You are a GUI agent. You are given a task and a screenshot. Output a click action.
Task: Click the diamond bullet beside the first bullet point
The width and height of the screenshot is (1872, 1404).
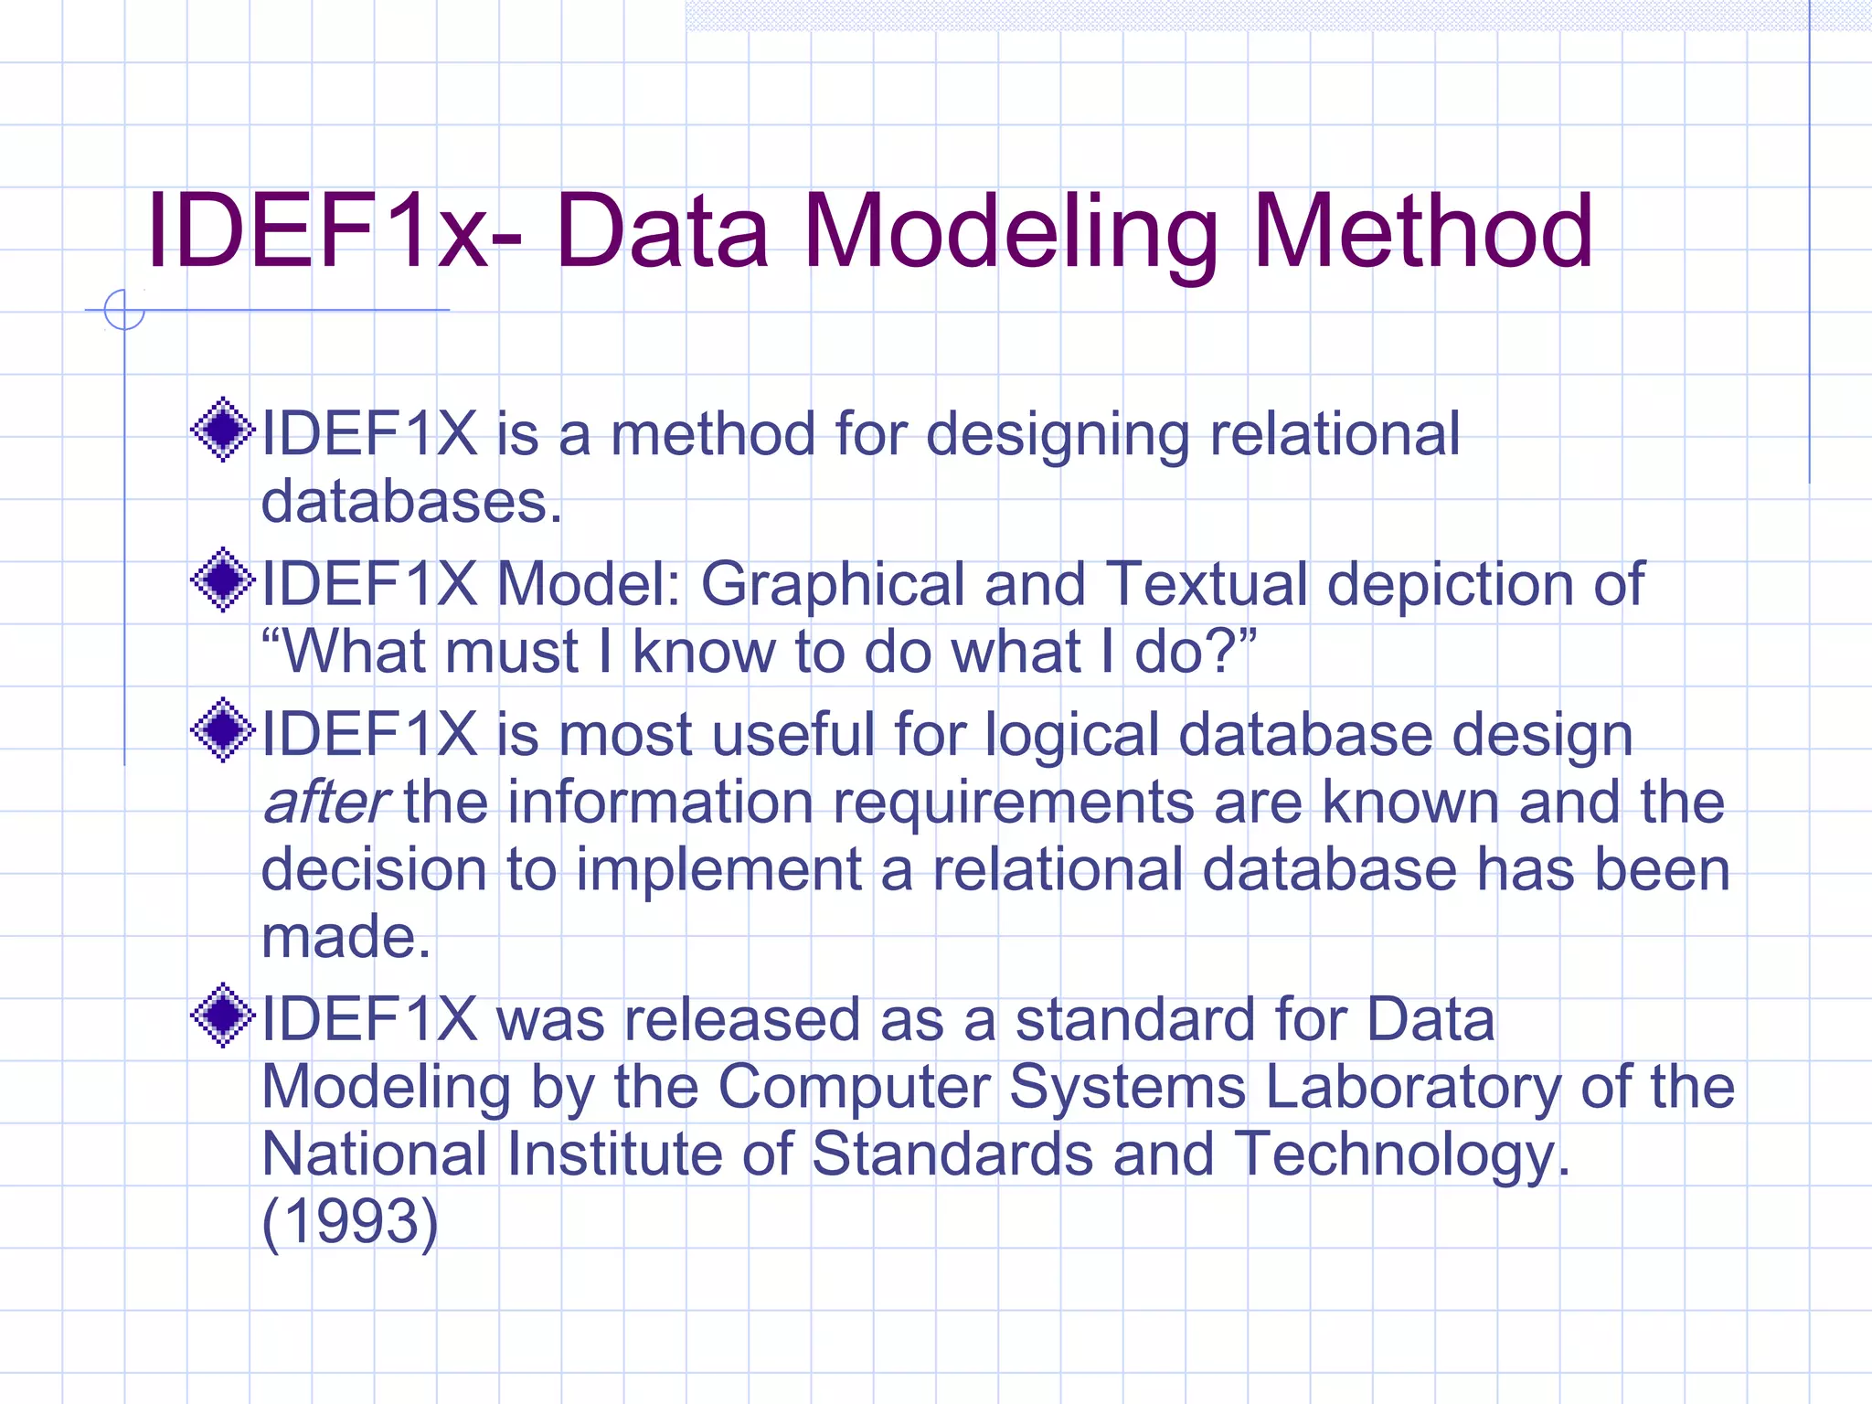pyautogui.click(x=222, y=430)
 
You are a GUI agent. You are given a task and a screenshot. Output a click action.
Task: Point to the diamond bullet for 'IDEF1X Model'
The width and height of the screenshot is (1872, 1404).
pyautogui.click(x=222, y=580)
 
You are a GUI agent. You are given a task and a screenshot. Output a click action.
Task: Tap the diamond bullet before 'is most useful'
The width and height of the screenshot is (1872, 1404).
pyautogui.click(x=222, y=729)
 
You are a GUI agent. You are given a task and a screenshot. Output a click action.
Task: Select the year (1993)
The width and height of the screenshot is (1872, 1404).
pyautogui.click(x=350, y=1221)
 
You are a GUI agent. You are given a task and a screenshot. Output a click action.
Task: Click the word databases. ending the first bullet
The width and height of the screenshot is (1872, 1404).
pyautogui.click(x=411, y=502)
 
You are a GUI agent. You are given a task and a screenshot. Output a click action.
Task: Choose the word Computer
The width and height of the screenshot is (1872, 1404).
pyautogui.click(x=854, y=1088)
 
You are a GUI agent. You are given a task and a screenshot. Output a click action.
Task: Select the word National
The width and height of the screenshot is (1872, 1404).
pyautogui.click(x=375, y=1154)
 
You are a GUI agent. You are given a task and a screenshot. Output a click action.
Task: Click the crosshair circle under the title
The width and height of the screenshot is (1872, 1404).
pyautogui.click(x=124, y=310)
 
